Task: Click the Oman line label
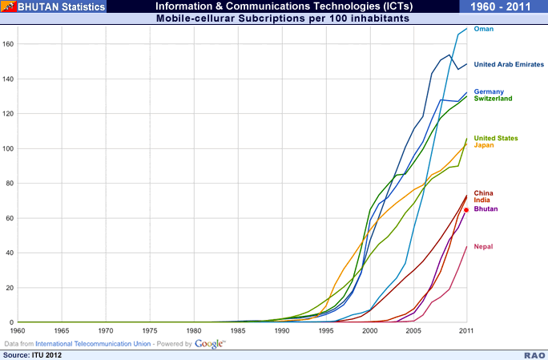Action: coord(483,29)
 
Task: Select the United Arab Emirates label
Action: coord(509,64)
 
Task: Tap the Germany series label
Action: coord(489,91)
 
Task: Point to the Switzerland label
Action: coord(494,99)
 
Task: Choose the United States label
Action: coord(496,138)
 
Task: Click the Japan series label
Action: coord(484,145)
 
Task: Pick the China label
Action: coord(484,193)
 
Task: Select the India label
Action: coord(482,200)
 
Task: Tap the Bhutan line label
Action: coord(486,208)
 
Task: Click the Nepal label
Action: coord(484,246)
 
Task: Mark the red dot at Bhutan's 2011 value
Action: coord(466,210)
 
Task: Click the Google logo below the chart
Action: coord(209,343)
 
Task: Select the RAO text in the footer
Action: coord(531,354)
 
